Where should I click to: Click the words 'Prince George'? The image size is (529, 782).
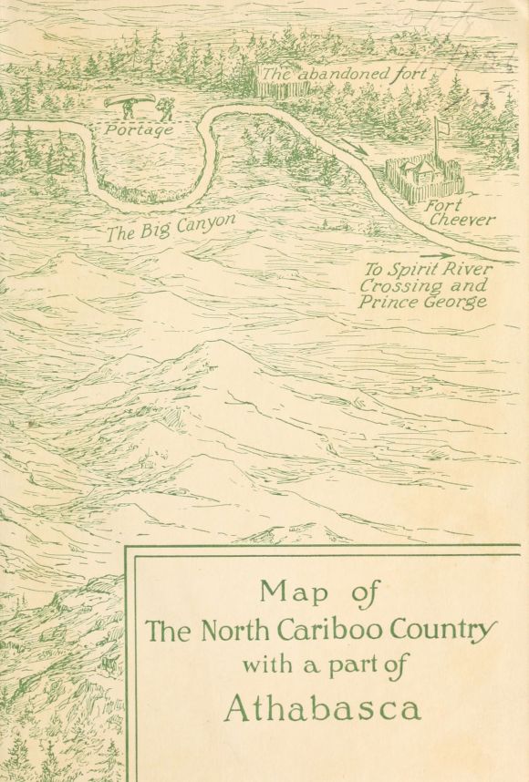[x=422, y=303]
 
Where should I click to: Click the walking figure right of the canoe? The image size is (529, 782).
[x=165, y=108]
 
